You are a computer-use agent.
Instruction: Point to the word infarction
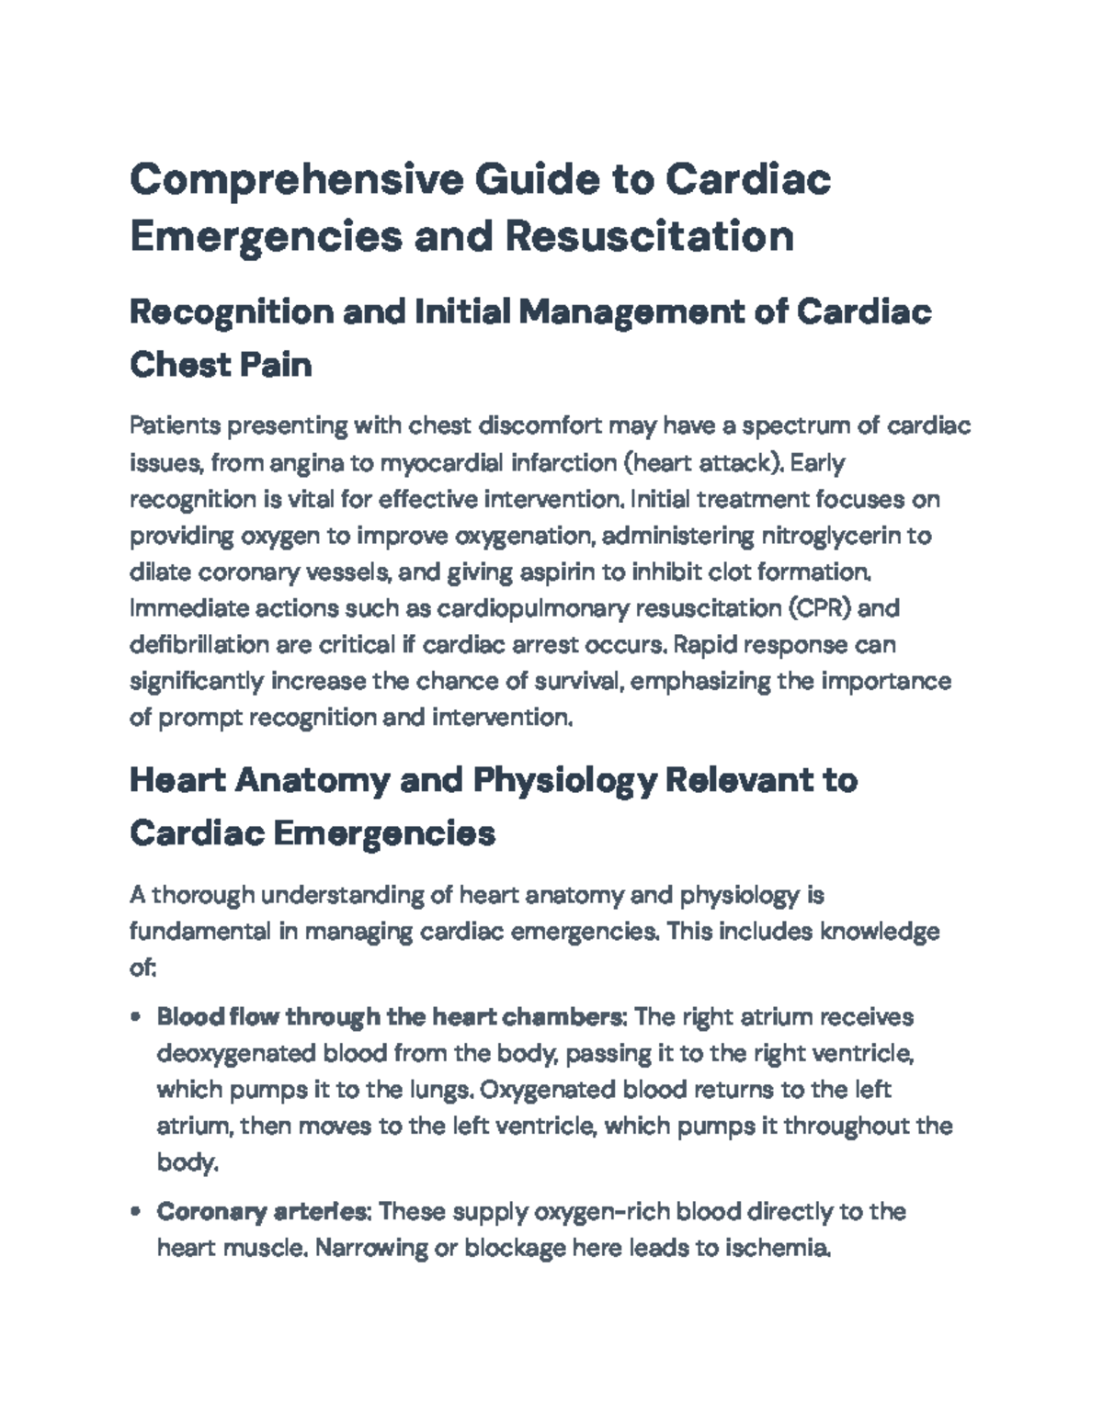tap(571, 463)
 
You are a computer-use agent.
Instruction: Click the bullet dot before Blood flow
tap(136, 1018)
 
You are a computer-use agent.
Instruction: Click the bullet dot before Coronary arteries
tap(136, 1212)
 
